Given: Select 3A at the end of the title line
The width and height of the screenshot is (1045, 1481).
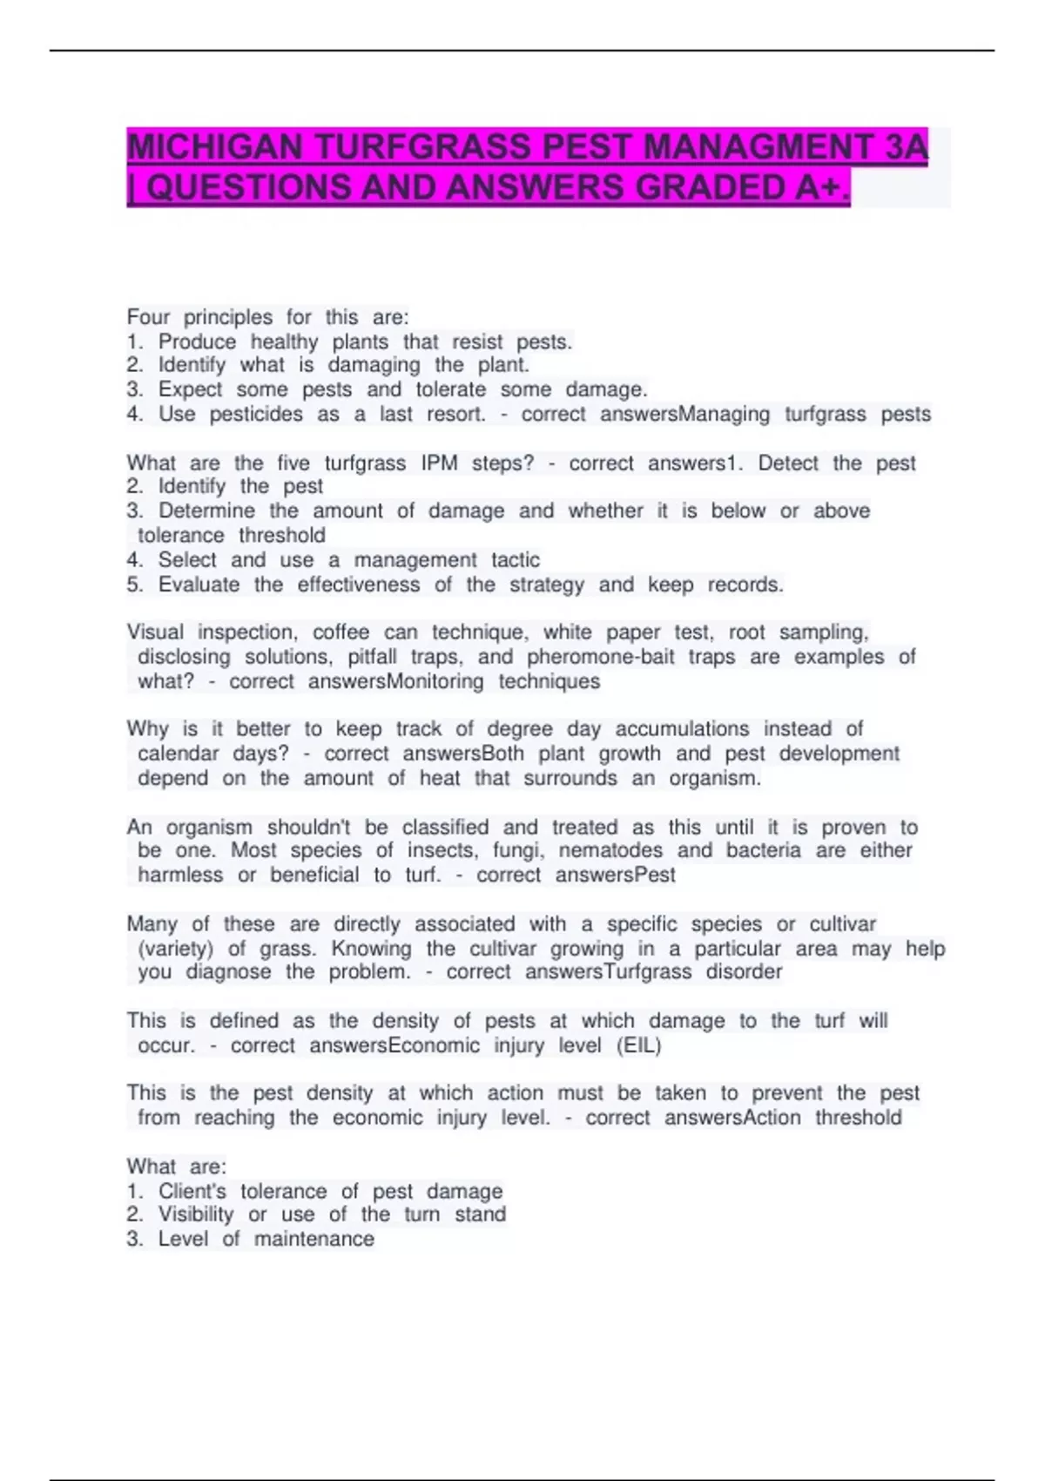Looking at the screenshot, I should pyautogui.click(x=907, y=147).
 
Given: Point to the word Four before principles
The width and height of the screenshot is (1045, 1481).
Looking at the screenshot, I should pyautogui.click(x=148, y=317).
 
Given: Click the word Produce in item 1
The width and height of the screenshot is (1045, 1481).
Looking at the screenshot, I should pyautogui.click(x=197, y=342).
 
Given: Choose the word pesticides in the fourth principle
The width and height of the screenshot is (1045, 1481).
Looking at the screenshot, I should pyautogui.click(x=256, y=415).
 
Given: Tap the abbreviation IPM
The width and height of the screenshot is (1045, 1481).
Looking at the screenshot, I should pyautogui.click(x=439, y=463).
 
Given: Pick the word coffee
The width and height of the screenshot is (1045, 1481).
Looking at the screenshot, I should pyautogui.click(x=340, y=632).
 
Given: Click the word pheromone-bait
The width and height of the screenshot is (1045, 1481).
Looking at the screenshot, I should pyautogui.click(x=600, y=657).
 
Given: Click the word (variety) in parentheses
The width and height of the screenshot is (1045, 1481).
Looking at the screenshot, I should pyautogui.click(x=175, y=948).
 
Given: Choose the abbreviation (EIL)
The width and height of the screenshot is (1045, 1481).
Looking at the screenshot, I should pyautogui.click(x=638, y=1045).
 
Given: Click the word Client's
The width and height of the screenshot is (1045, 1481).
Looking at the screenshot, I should pyautogui.click(x=192, y=1191).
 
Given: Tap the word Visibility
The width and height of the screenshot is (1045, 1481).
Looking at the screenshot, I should pyautogui.click(x=196, y=1214).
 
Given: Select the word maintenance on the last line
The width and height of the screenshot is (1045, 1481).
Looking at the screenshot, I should pyautogui.click(x=313, y=1239).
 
